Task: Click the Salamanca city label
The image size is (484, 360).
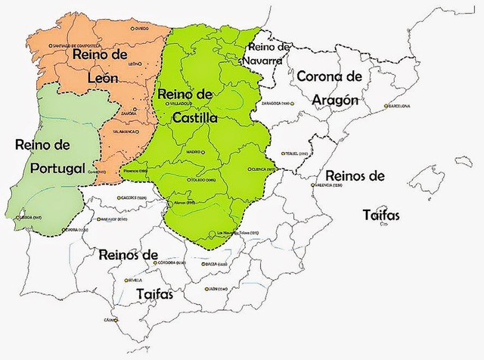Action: point(126,131)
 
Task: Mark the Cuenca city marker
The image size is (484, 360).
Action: point(250,169)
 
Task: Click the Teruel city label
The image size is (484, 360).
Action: point(299,154)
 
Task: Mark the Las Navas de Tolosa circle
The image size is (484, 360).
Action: point(214,232)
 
